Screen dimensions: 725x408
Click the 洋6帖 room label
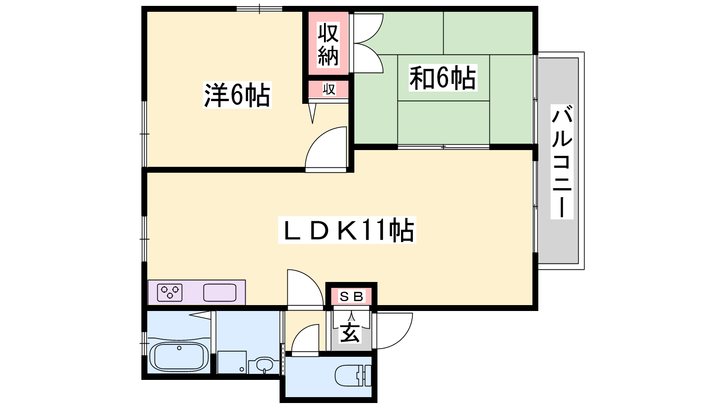point(237,95)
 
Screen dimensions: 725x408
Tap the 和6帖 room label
point(443,78)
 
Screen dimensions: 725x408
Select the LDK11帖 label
point(347,230)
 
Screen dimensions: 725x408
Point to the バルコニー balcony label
point(562,161)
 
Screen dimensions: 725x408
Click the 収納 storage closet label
point(328,44)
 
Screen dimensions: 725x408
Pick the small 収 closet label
point(329,89)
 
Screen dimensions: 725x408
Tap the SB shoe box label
point(351,296)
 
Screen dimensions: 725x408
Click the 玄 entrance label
point(350,332)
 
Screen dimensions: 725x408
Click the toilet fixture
point(353,376)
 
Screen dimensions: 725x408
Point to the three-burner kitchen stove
point(169,292)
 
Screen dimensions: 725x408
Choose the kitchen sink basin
point(220,292)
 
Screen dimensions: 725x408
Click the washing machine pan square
point(232,362)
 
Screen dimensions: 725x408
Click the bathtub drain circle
point(179,348)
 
